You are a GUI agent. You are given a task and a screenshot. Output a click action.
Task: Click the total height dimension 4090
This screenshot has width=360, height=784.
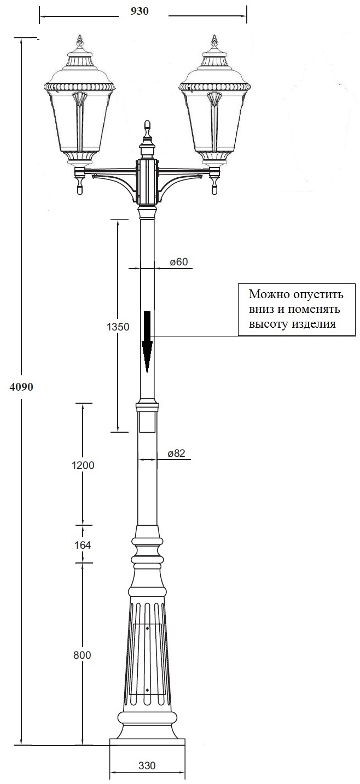[22, 387]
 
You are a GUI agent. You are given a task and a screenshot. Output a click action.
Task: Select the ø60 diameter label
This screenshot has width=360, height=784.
[178, 262]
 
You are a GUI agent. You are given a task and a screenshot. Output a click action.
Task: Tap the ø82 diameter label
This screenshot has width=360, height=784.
[176, 454]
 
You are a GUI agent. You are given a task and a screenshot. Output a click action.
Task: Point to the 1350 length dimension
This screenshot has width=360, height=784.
[117, 327]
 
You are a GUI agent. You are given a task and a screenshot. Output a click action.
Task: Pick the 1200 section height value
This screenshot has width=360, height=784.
[83, 465]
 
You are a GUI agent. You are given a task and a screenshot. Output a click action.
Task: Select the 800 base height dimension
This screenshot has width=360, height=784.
[82, 655]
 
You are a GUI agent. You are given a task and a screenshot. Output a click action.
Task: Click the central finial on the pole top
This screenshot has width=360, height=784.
[147, 126]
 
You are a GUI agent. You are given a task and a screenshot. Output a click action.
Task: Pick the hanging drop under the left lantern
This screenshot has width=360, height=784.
[80, 189]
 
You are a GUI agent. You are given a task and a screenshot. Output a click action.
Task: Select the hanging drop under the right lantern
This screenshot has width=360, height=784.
[214, 189]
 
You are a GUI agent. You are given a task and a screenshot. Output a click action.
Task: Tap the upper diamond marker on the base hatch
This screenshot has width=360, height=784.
[148, 628]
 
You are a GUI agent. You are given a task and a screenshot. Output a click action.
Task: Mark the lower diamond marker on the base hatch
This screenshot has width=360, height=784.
[148, 690]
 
